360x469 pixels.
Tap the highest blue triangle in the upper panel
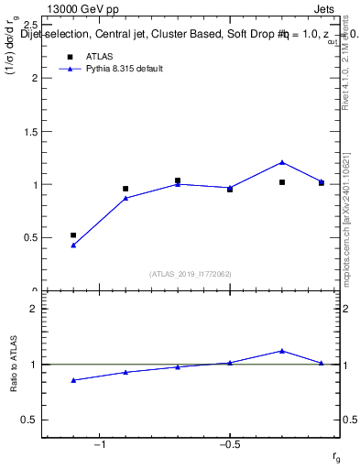pyautogui.click(x=282, y=162)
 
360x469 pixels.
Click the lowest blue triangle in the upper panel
pyautogui.click(x=73, y=245)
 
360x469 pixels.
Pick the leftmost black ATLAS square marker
pyautogui.click(x=73, y=235)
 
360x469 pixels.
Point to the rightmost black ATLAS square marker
pyautogui.click(x=322, y=183)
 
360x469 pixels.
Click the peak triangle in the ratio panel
pyautogui.click(x=282, y=350)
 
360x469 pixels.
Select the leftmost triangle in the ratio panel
pyautogui.click(x=73, y=380)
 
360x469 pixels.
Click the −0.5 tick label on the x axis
pyautogui.click(x=229, y=445)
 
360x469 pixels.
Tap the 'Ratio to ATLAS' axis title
pyautogui.click(x=13, y=364)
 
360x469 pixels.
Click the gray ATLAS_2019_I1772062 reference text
pyautogui.click(x=191, y=273)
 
